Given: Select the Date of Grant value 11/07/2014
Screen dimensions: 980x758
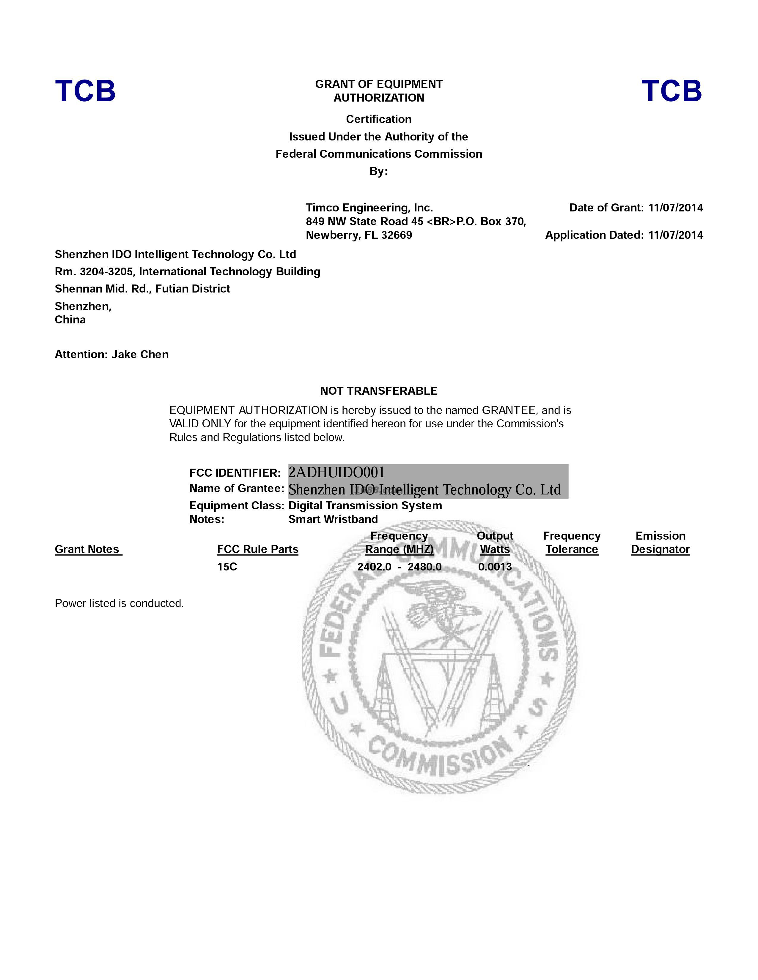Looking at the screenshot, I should [675, 208].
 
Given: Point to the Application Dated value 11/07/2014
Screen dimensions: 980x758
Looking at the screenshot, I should [675, 235].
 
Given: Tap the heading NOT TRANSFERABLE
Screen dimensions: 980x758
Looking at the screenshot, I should [378, 391].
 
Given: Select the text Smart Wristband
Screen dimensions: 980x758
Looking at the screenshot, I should [333, 519].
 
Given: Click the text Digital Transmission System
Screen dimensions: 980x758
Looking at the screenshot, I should [365, 506].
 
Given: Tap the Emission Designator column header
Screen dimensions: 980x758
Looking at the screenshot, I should [660, 543].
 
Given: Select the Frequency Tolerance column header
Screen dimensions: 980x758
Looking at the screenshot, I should [572, 543].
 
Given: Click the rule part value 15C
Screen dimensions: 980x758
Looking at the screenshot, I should [227, 567].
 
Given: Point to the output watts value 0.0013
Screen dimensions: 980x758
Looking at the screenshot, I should [495, 567].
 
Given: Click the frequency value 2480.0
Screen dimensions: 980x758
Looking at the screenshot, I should [424, 567].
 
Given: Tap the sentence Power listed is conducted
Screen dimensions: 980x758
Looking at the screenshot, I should [119, 603].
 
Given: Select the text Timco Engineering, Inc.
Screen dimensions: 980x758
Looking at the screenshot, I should [369, 208].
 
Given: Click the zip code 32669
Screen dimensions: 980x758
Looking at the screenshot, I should [397, 235].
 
